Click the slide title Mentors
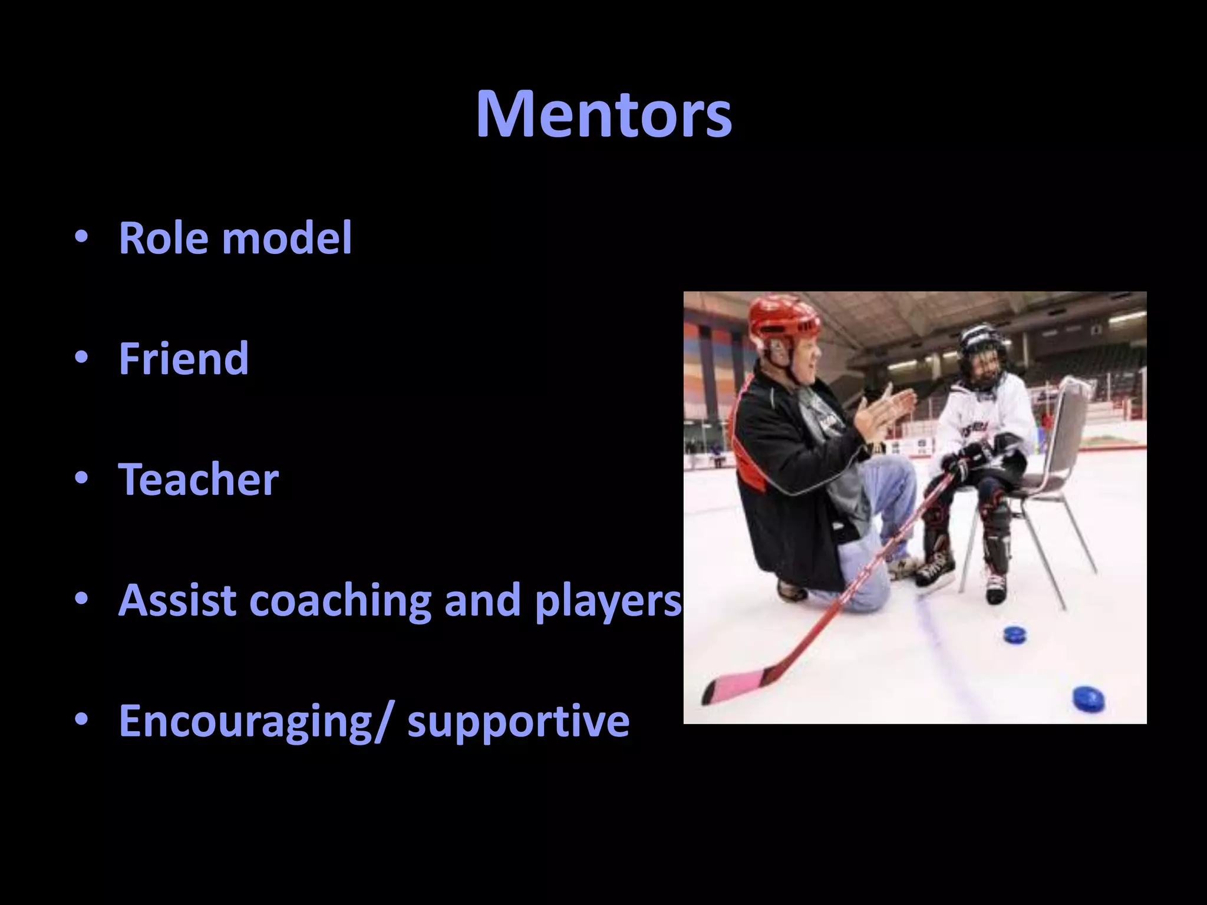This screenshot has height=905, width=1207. (x=603, y=114)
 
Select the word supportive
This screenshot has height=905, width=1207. (x=519, y=722)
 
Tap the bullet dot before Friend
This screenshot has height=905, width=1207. (x=81, y=357)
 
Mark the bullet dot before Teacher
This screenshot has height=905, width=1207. (x=81, y=478)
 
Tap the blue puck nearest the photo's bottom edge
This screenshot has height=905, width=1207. (x=1088, y=699)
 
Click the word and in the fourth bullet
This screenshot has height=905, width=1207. (x=483, y=600)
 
